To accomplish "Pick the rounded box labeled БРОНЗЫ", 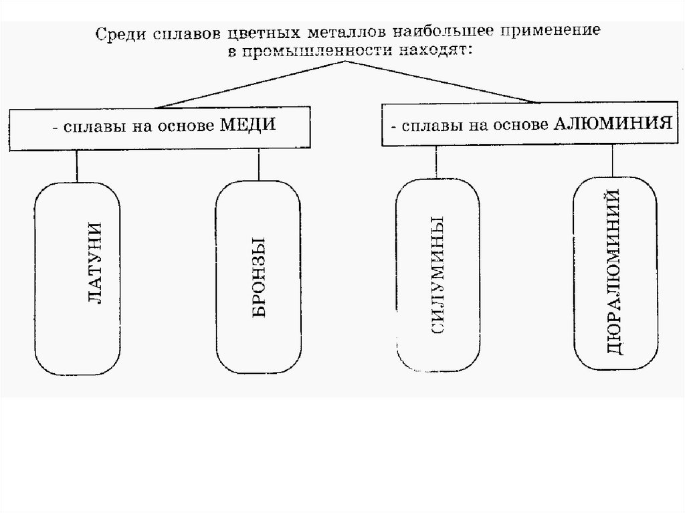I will pos(257,278).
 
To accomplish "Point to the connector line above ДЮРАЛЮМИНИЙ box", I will pos(613,161).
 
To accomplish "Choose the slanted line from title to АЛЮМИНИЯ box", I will pos(442,82).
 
